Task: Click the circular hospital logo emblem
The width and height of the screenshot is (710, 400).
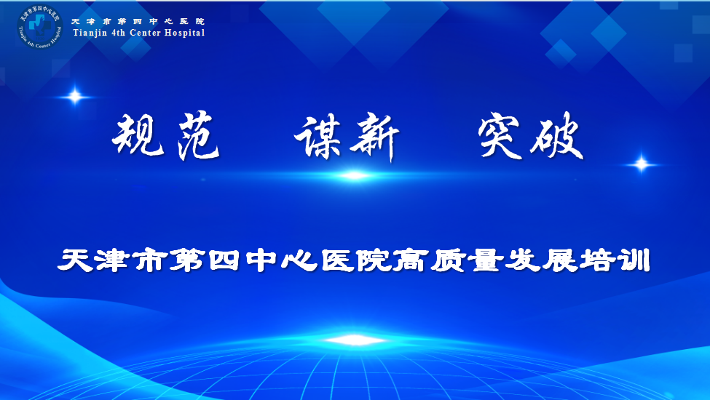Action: point(40,27)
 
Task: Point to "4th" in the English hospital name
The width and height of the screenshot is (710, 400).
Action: point(119,33)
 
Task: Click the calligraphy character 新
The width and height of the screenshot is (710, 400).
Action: point(374,137)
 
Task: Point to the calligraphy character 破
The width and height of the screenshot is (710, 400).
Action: point(556,136)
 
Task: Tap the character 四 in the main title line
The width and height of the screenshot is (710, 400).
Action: point(224,260)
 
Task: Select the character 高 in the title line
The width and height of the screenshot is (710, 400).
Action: point(410,260)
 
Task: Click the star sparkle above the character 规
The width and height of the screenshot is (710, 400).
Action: point(75,96)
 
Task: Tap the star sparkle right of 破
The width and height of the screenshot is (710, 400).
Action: point(641,164)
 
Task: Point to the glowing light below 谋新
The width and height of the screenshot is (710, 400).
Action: point(355,175)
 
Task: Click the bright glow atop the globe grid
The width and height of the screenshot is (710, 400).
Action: point(355,340)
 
